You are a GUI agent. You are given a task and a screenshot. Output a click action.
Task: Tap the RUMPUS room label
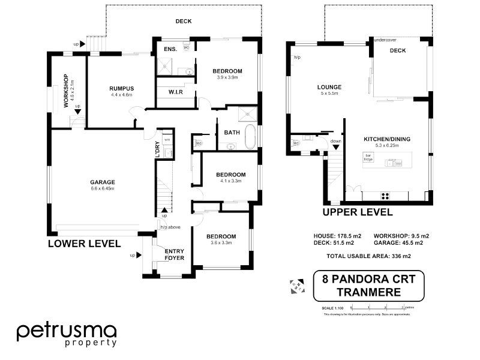[x=121, y=89]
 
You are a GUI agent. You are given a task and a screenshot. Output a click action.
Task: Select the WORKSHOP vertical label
[x=67, y=94]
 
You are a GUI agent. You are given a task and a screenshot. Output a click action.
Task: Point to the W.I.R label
[x=175, y=92]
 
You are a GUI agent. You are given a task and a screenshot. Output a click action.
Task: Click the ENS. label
[x=170, y=49]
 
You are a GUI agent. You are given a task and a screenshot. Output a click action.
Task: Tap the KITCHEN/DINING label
[x=387, y=139]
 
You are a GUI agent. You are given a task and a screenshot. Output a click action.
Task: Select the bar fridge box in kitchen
[x=368, y=157]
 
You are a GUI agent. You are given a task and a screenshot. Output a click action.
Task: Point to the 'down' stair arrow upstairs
[x=335, y=144]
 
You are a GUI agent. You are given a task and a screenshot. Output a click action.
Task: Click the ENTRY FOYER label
[x=175, y=254]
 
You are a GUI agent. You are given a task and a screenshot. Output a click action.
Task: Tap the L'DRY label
[x=157, y=149]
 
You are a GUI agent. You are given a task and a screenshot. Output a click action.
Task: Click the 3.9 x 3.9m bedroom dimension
[x=227, y=77]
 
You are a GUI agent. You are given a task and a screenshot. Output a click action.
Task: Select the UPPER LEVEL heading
[x=358, y=212]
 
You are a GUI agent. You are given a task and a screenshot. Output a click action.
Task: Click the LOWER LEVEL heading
[x=84, y=244]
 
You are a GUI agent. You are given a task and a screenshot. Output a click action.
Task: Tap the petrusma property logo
[x=66, y=334]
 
